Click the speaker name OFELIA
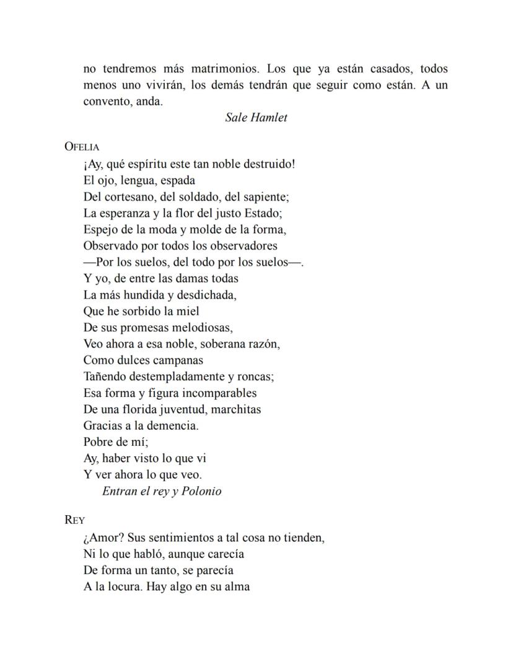point(82,147)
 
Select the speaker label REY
point(74,520)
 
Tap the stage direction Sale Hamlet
point(256,117)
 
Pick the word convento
point(107,102)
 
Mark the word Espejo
point(101,229)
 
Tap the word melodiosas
point(199,327)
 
